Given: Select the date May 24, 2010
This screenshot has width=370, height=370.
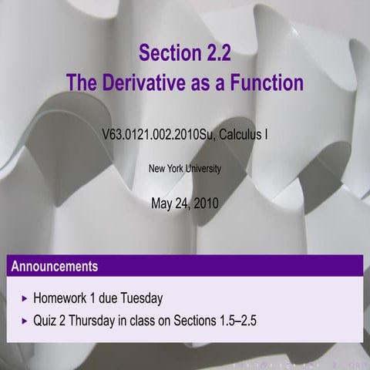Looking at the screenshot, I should pyautogui.click(x=185, y=203).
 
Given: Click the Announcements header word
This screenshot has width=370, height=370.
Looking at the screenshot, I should pyautogui.click(x=55, y=267).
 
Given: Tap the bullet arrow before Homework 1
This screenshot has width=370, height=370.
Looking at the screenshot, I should pyautogui.click(x=25, y=298).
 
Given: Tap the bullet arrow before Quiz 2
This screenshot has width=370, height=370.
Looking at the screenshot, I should pyautogui.click(x=25, y=318).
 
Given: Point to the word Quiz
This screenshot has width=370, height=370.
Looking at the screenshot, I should pyautogui.click(x=45, y=318).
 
